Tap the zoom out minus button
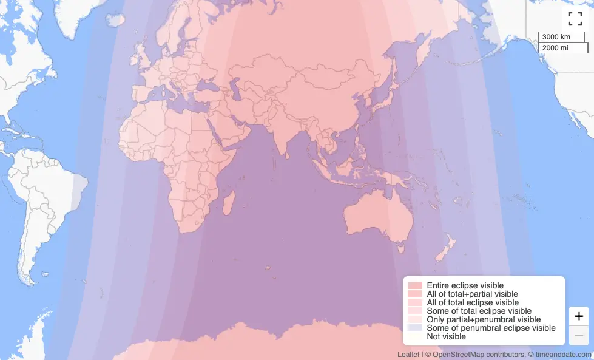tap(578, 335)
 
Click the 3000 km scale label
tap(556, 37)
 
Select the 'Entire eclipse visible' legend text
tap(465, 285)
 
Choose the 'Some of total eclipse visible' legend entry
tap(479, 311)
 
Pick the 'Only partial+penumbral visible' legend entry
tap(483, 319)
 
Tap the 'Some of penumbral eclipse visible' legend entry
tap(491, 328)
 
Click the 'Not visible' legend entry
tap(446, 336)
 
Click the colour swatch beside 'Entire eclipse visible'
tap(415, 285)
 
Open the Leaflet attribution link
tap(408, 354)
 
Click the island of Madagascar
tap(228, 202)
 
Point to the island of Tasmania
tap(400, 248)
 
